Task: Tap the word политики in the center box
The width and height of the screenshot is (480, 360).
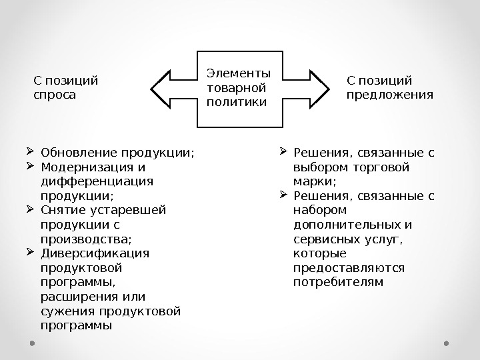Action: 227,102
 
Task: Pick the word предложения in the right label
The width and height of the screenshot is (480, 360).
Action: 390,95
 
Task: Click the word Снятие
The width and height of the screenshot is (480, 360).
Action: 61,210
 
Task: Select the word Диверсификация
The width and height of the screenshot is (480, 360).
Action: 95,253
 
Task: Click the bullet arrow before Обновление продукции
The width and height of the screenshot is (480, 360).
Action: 31,151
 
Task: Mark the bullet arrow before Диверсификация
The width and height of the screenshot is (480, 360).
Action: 31,252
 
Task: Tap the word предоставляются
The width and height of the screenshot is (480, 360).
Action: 349,268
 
